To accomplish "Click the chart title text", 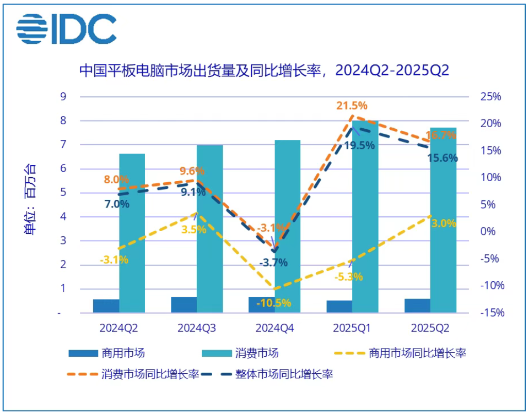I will coord(264,70).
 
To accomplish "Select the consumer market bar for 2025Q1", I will coord(365,216).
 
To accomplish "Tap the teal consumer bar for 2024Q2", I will coord(132,232).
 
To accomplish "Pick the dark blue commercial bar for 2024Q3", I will coord(184,305).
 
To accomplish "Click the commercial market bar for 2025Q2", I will coord(417,305).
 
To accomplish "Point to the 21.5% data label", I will coord(352,106).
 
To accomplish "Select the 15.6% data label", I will coord(442,158).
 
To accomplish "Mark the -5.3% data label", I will coord(348,277).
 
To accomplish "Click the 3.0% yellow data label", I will coord(442,223).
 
